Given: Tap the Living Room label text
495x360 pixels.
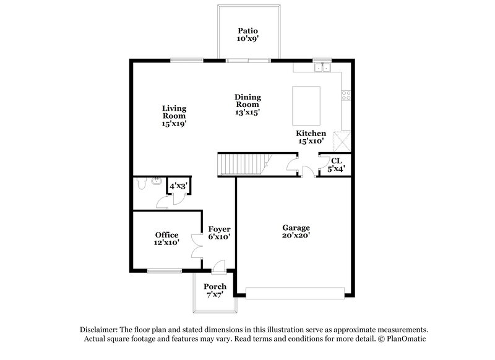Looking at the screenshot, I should [174, 115].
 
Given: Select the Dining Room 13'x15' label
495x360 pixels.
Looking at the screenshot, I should [247, 105].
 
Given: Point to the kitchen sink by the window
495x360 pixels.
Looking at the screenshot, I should [322, 67].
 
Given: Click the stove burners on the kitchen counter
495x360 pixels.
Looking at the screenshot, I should [346, 96].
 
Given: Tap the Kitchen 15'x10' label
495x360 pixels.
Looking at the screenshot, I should [311, 137].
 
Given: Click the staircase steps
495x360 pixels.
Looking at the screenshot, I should [239, 165].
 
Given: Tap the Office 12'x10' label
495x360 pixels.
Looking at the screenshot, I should [166, 239].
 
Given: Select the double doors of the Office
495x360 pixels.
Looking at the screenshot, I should [197, 246].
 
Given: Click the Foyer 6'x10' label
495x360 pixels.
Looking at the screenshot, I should [219, 233].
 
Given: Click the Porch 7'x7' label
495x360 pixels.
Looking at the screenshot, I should [215, 291].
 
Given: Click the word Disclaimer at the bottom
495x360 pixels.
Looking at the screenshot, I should [100, 330].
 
